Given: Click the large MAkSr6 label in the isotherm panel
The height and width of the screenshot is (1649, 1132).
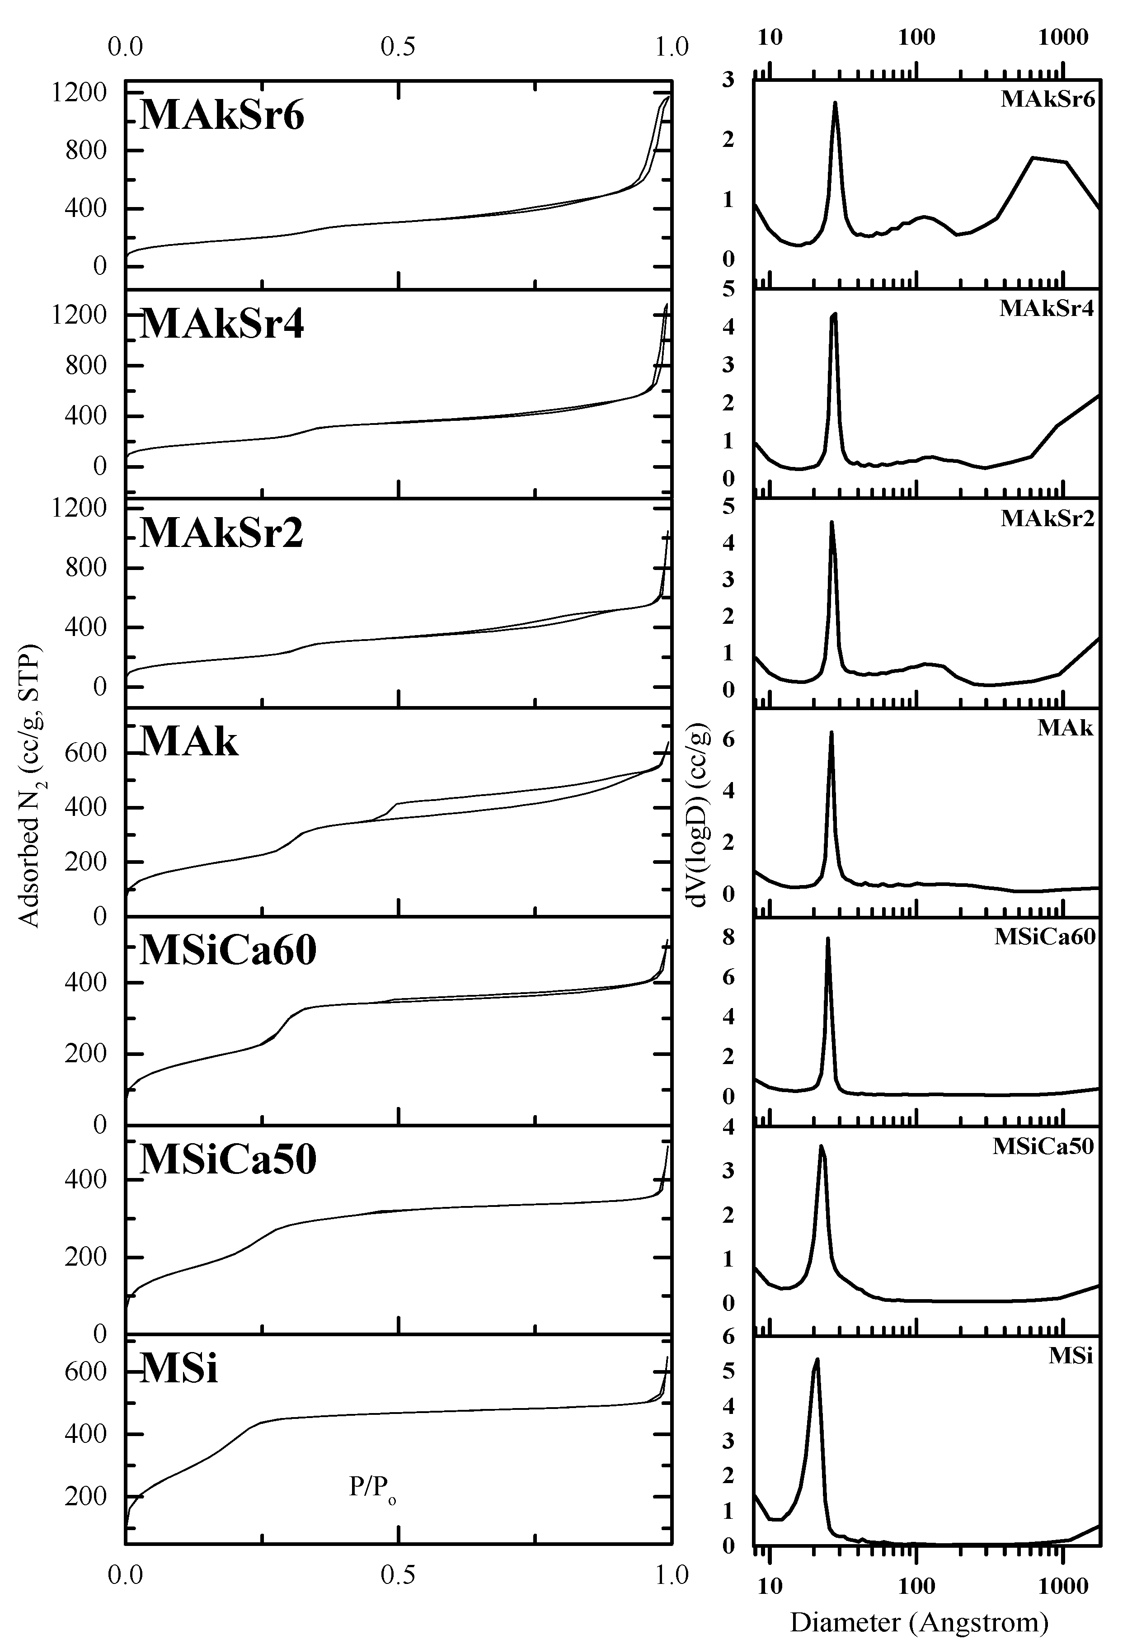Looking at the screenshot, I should click(222, 115).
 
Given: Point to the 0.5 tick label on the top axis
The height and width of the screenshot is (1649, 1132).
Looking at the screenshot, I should click(398, 47).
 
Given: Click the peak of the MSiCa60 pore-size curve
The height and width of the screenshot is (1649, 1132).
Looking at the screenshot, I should click(828, 939).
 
